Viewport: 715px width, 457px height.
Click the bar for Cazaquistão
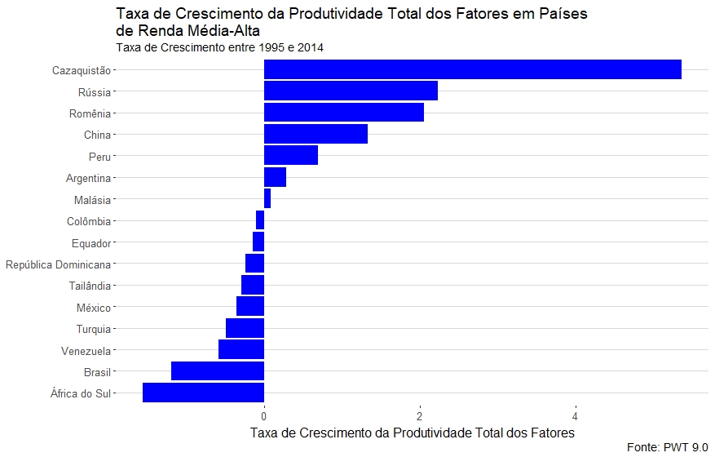tap(472, 69)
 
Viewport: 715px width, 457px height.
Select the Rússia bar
tap(351, 91)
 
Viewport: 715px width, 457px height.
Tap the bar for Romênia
tap(343, 113)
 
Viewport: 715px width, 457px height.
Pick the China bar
tap(316, 134)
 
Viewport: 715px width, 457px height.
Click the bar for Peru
tap(290, 156)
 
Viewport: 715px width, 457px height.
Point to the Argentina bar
tap(275, 177)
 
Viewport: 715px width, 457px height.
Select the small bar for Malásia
tap(267, 198)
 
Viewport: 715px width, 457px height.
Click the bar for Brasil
tap(218, 371)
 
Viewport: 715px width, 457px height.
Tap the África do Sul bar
tap(203, 393)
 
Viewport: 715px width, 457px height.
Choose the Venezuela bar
tap(241, 350)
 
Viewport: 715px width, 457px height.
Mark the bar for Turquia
tap(245, 328)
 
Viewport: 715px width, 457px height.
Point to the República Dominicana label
tap(58, 264)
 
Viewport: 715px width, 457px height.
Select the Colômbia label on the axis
tap(89, 221)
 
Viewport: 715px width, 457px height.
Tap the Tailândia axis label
tap(89, 286)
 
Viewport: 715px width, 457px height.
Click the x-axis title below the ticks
tap(412, 432)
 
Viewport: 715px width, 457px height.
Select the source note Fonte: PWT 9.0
tap(668, 447)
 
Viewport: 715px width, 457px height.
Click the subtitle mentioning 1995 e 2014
tap(219, 48)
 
